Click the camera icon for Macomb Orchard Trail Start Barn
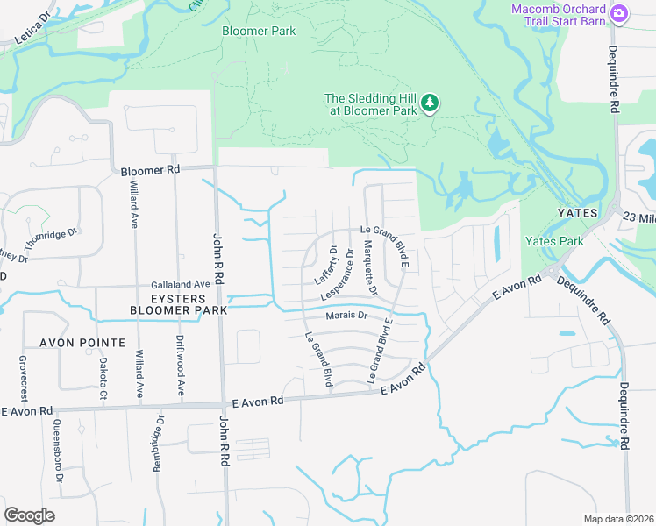point(620,12)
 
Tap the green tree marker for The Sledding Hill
point(430,104)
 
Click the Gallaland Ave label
point(181,284)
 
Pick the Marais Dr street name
point(346,316)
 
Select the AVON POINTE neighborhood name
point(82,342)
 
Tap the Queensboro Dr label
point(58,447)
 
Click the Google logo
point(29,515)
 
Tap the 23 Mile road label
point(639,217)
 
